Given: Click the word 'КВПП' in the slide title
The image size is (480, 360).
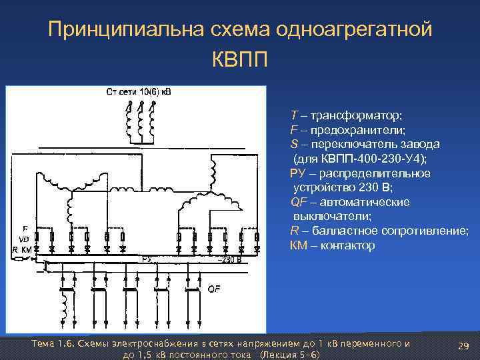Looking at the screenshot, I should tap(240, 61).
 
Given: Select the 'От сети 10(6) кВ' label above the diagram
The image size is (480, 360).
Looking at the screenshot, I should tap(138, 91).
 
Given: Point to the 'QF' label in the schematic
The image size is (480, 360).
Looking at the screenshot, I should tap(215, 289).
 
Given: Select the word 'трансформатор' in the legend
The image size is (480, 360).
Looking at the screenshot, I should tap(346, 115).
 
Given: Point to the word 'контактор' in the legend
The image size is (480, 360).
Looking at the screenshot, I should tap(348, 245).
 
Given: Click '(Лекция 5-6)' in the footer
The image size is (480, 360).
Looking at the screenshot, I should tap(289, 354).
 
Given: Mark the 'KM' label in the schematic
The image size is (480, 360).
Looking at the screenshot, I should tap(27, 249).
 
